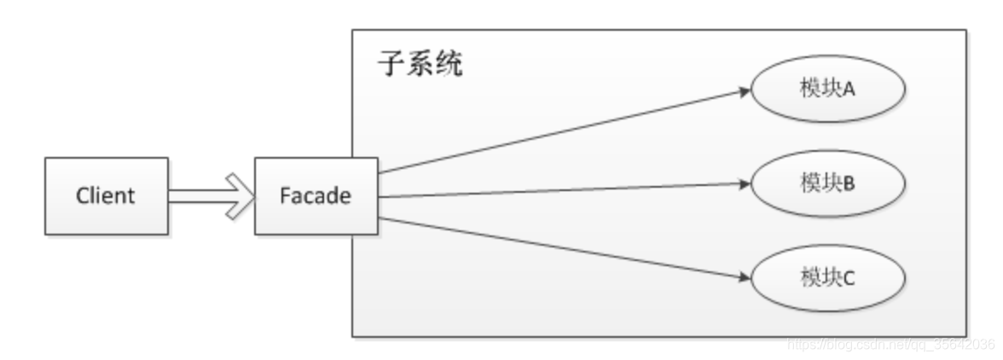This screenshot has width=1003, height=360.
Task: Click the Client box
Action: (x=106, y=195)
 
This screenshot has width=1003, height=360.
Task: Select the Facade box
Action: (x=316, y=195)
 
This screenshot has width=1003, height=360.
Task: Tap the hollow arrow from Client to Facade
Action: (x=212, y=195)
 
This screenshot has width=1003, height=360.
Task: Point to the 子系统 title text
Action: (x=420, y=66)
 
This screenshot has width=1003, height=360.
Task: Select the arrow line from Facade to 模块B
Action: (x=563, y=190)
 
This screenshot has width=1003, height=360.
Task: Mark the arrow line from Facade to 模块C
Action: (x=563, y=247)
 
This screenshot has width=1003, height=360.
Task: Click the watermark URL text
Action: (x=890, y=344)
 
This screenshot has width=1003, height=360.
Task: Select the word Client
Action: (x=106, y=195)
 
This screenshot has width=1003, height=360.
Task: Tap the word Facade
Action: (x=316, y=195)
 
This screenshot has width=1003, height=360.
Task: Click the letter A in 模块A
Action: (x=849, y=90)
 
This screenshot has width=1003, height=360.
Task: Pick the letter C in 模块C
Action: (x=849, y=278)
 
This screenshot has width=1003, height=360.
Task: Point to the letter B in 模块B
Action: (x=849, y=183)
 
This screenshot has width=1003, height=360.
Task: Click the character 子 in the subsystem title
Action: (x=391, y=66)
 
